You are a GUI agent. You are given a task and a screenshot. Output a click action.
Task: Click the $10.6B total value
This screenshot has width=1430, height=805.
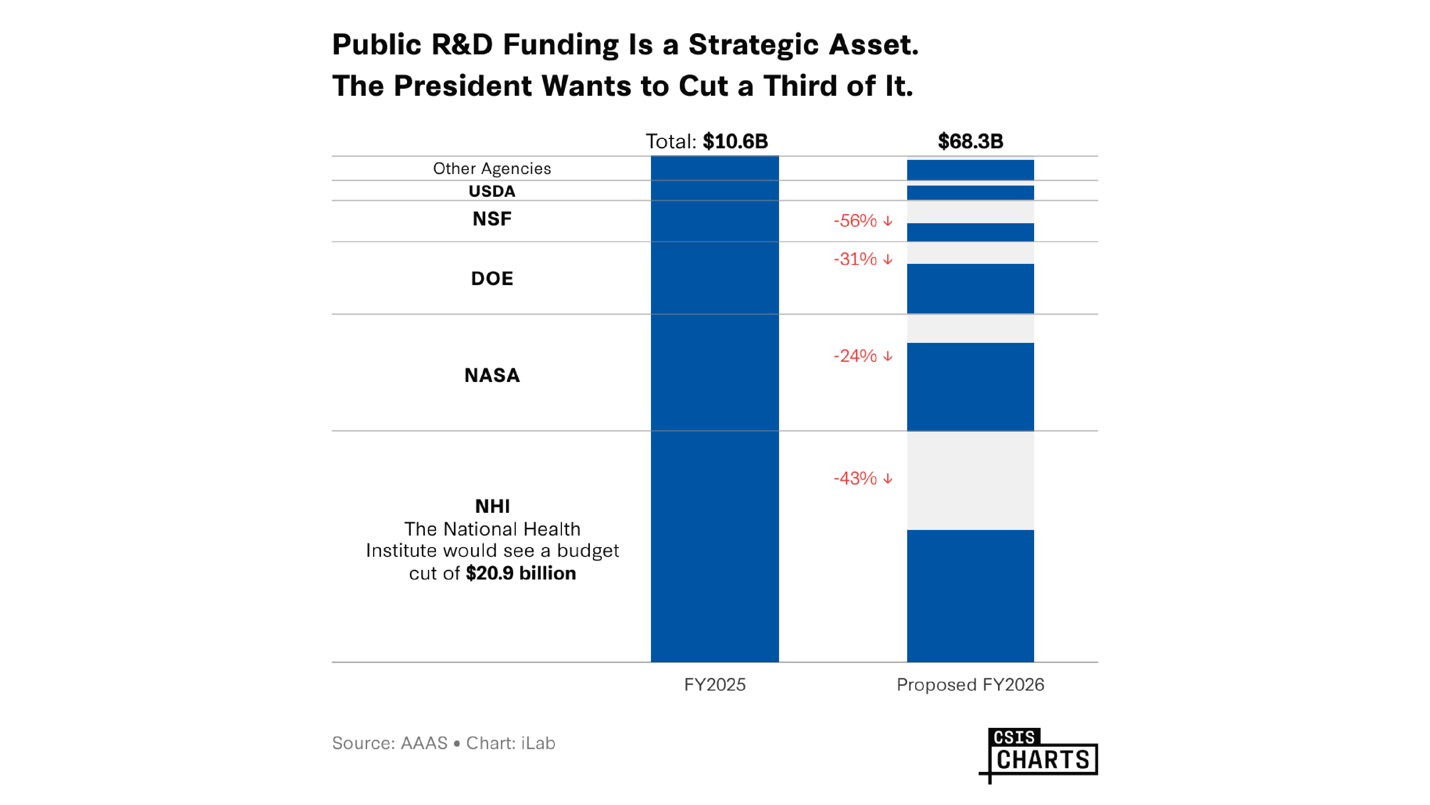735,141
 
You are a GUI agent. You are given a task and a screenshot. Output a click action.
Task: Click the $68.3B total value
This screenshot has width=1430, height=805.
970,141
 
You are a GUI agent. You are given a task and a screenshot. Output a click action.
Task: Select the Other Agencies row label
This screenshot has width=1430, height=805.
492,168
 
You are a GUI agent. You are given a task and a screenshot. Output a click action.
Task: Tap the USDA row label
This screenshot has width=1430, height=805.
492,191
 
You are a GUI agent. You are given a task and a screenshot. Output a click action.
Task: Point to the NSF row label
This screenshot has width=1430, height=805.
492,219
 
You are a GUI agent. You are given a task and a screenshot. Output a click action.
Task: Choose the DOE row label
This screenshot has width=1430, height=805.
492,278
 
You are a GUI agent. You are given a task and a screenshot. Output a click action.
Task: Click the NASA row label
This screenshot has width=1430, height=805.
492,376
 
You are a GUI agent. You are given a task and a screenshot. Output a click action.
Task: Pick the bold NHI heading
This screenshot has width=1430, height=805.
492,506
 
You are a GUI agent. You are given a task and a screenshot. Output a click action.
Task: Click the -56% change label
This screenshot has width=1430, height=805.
862,221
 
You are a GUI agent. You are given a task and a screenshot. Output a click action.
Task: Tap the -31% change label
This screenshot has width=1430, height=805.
862,259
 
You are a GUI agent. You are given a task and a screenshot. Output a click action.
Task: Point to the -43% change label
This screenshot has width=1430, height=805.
862,478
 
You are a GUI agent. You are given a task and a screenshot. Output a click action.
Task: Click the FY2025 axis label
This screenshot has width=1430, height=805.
715,685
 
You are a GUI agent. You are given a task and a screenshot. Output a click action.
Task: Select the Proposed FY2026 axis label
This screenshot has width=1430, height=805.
970,685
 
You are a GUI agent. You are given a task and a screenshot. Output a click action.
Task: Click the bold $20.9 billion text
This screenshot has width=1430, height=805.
521,573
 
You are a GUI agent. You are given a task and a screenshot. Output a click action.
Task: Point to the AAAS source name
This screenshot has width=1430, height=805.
424,744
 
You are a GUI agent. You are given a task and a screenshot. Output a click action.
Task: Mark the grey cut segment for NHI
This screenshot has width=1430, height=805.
970,480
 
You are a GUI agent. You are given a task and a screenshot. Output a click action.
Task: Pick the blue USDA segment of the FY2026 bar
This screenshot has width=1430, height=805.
970,193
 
